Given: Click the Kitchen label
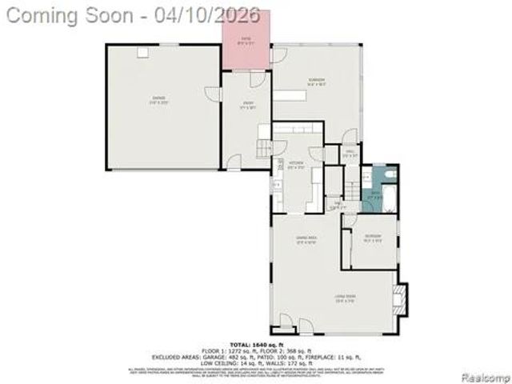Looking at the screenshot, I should (296, 164).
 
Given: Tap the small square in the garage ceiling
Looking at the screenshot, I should (143, 53).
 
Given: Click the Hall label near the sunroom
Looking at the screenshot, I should (350, 154).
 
